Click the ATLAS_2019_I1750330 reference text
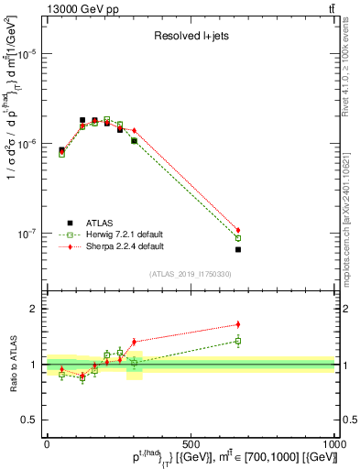(x=190, y=274)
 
